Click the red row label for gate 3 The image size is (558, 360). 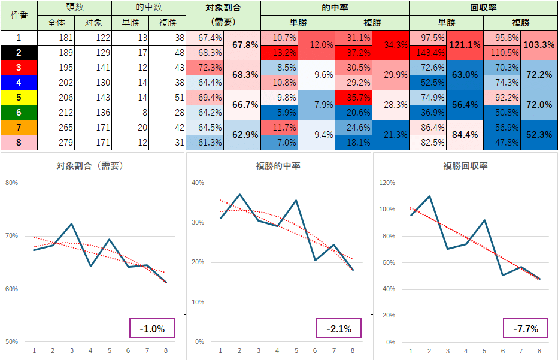coord(19,68)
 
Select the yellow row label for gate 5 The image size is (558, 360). coord(19,98)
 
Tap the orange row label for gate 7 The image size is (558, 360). coord(19,128)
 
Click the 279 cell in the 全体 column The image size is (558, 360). coord(56,143)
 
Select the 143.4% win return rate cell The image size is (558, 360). coord(427,53)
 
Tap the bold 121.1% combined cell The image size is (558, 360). coord(465,45)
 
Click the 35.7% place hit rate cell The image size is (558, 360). coord(353,98)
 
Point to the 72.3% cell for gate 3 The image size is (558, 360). coord(204,68)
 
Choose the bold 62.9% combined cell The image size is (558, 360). coord(242,135)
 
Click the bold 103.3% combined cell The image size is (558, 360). coord(539,45)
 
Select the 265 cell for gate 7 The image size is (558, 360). coord(56,128)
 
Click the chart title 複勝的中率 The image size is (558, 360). coord(279,165)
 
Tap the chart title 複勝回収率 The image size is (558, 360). coord(465,165)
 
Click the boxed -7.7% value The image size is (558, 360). coord(526,328)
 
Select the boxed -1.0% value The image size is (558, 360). coord(152,328)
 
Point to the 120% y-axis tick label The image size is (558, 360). coord(386,183)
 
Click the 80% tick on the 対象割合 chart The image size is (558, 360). coord(11,183)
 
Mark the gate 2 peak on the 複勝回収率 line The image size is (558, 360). coord(429,196)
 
